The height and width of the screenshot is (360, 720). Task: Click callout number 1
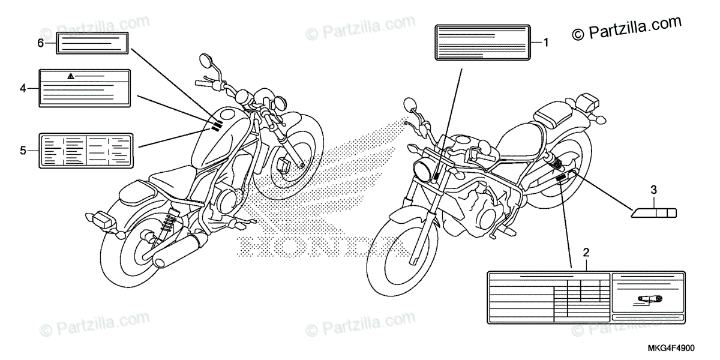[546, 42]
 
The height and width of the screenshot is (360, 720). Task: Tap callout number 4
[23, 88]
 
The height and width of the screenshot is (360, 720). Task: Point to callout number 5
[23, 150]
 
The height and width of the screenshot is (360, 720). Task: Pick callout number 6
[40, 43]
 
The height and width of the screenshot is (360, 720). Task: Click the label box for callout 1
[482, 42]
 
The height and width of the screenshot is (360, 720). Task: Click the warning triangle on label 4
[71, 76]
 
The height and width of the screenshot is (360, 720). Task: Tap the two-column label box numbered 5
[86, 149]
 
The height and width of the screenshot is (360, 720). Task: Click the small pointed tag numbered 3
[654, 212]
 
